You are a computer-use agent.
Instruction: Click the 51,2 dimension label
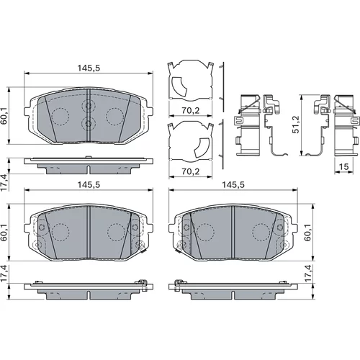296,125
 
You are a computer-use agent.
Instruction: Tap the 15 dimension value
343,166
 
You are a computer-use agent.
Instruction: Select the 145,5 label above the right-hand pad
233,184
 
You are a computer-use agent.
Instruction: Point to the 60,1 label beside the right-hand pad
307,233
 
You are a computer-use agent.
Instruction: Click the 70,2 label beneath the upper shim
191,110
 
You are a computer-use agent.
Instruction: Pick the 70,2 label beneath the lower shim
191,171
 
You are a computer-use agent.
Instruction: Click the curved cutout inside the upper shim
179,86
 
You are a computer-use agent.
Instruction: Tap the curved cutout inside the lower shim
202,148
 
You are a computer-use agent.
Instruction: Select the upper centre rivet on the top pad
89,105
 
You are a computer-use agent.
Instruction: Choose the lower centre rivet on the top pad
89,123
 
